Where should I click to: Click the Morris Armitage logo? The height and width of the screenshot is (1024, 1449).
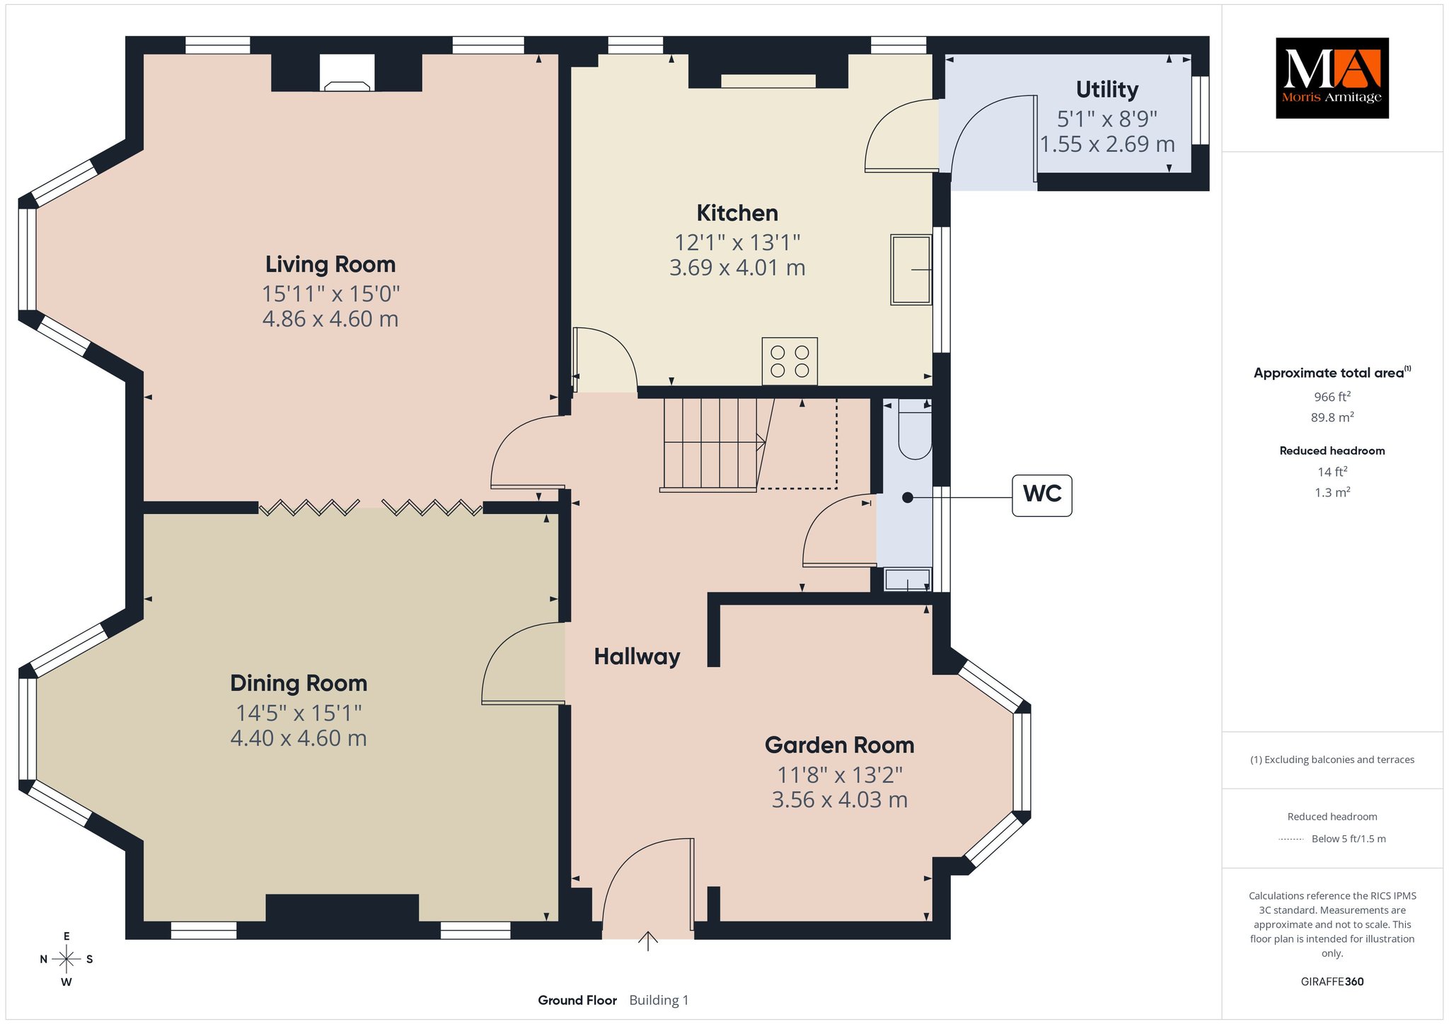pos(1332,78)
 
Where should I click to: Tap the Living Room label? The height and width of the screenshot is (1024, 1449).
pos(330,264)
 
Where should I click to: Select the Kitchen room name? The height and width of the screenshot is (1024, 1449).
pos(737,213)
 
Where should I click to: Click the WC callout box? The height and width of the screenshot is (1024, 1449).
pos(1041,495)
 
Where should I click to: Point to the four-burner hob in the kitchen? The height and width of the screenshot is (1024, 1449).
pos(790,361)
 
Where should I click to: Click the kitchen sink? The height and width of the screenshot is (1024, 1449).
pos(911,269)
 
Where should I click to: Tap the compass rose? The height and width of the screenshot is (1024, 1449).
pos(67,959)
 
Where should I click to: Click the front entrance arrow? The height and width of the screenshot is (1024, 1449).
pos(648,941)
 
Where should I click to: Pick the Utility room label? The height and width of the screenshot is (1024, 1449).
pos(1107,89)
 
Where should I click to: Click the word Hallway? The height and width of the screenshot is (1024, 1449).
pos(637,656)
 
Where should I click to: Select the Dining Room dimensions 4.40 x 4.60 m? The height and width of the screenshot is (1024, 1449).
pos(299,738)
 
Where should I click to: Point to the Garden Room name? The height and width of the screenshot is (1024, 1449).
pos(839,745)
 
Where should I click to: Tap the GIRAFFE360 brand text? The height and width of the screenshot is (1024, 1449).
pos(1332,982)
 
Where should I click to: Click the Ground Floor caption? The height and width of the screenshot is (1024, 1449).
pos(577,1000)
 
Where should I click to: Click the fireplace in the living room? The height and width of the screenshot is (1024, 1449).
pos(347,74)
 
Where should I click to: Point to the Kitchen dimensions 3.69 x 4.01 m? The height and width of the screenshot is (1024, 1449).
pos(737,268)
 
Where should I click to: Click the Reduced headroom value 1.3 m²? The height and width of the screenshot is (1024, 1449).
pos(1332,492)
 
